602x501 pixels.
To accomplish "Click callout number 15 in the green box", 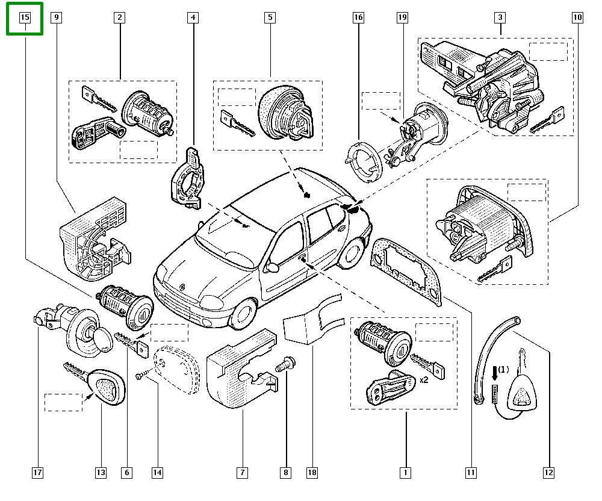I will click(25, 17).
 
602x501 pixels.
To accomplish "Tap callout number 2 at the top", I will click(120, 17).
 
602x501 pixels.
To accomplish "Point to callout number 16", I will click(358, 17).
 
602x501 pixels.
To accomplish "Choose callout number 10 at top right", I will click(577, 17).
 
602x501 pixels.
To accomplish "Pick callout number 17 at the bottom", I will click(38, 473).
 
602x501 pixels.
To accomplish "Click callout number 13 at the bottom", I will click(101, 473).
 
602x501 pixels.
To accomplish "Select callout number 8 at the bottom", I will click(286, 473).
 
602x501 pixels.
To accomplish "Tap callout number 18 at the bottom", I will click(312, 473).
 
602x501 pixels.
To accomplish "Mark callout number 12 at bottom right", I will click(548, 473).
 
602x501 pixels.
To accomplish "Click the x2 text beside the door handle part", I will click(423, 380).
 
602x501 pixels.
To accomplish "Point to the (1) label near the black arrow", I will click(503, 369).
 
